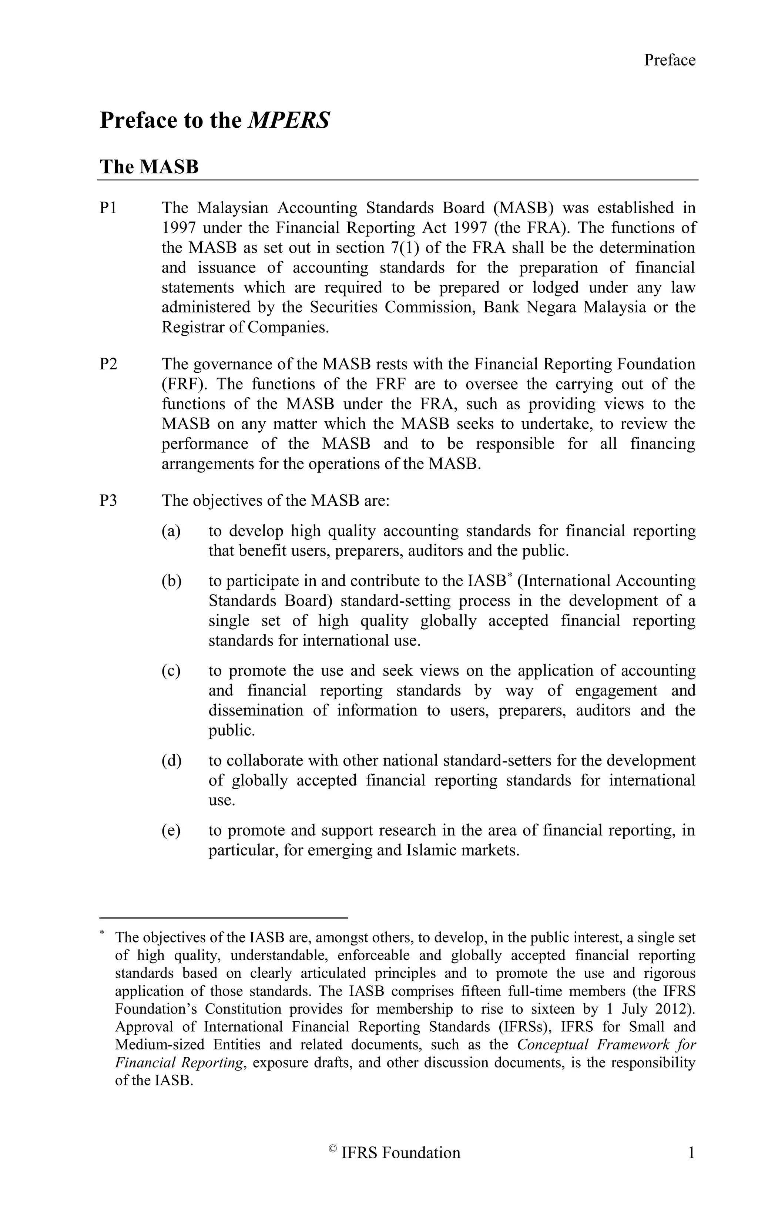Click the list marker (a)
click(x=171, y=531)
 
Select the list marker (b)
click(x=171, y=581)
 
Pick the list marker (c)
click(x=171, y=670)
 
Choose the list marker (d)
click(x=171, y=760)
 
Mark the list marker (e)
click(x=171, y=830)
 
